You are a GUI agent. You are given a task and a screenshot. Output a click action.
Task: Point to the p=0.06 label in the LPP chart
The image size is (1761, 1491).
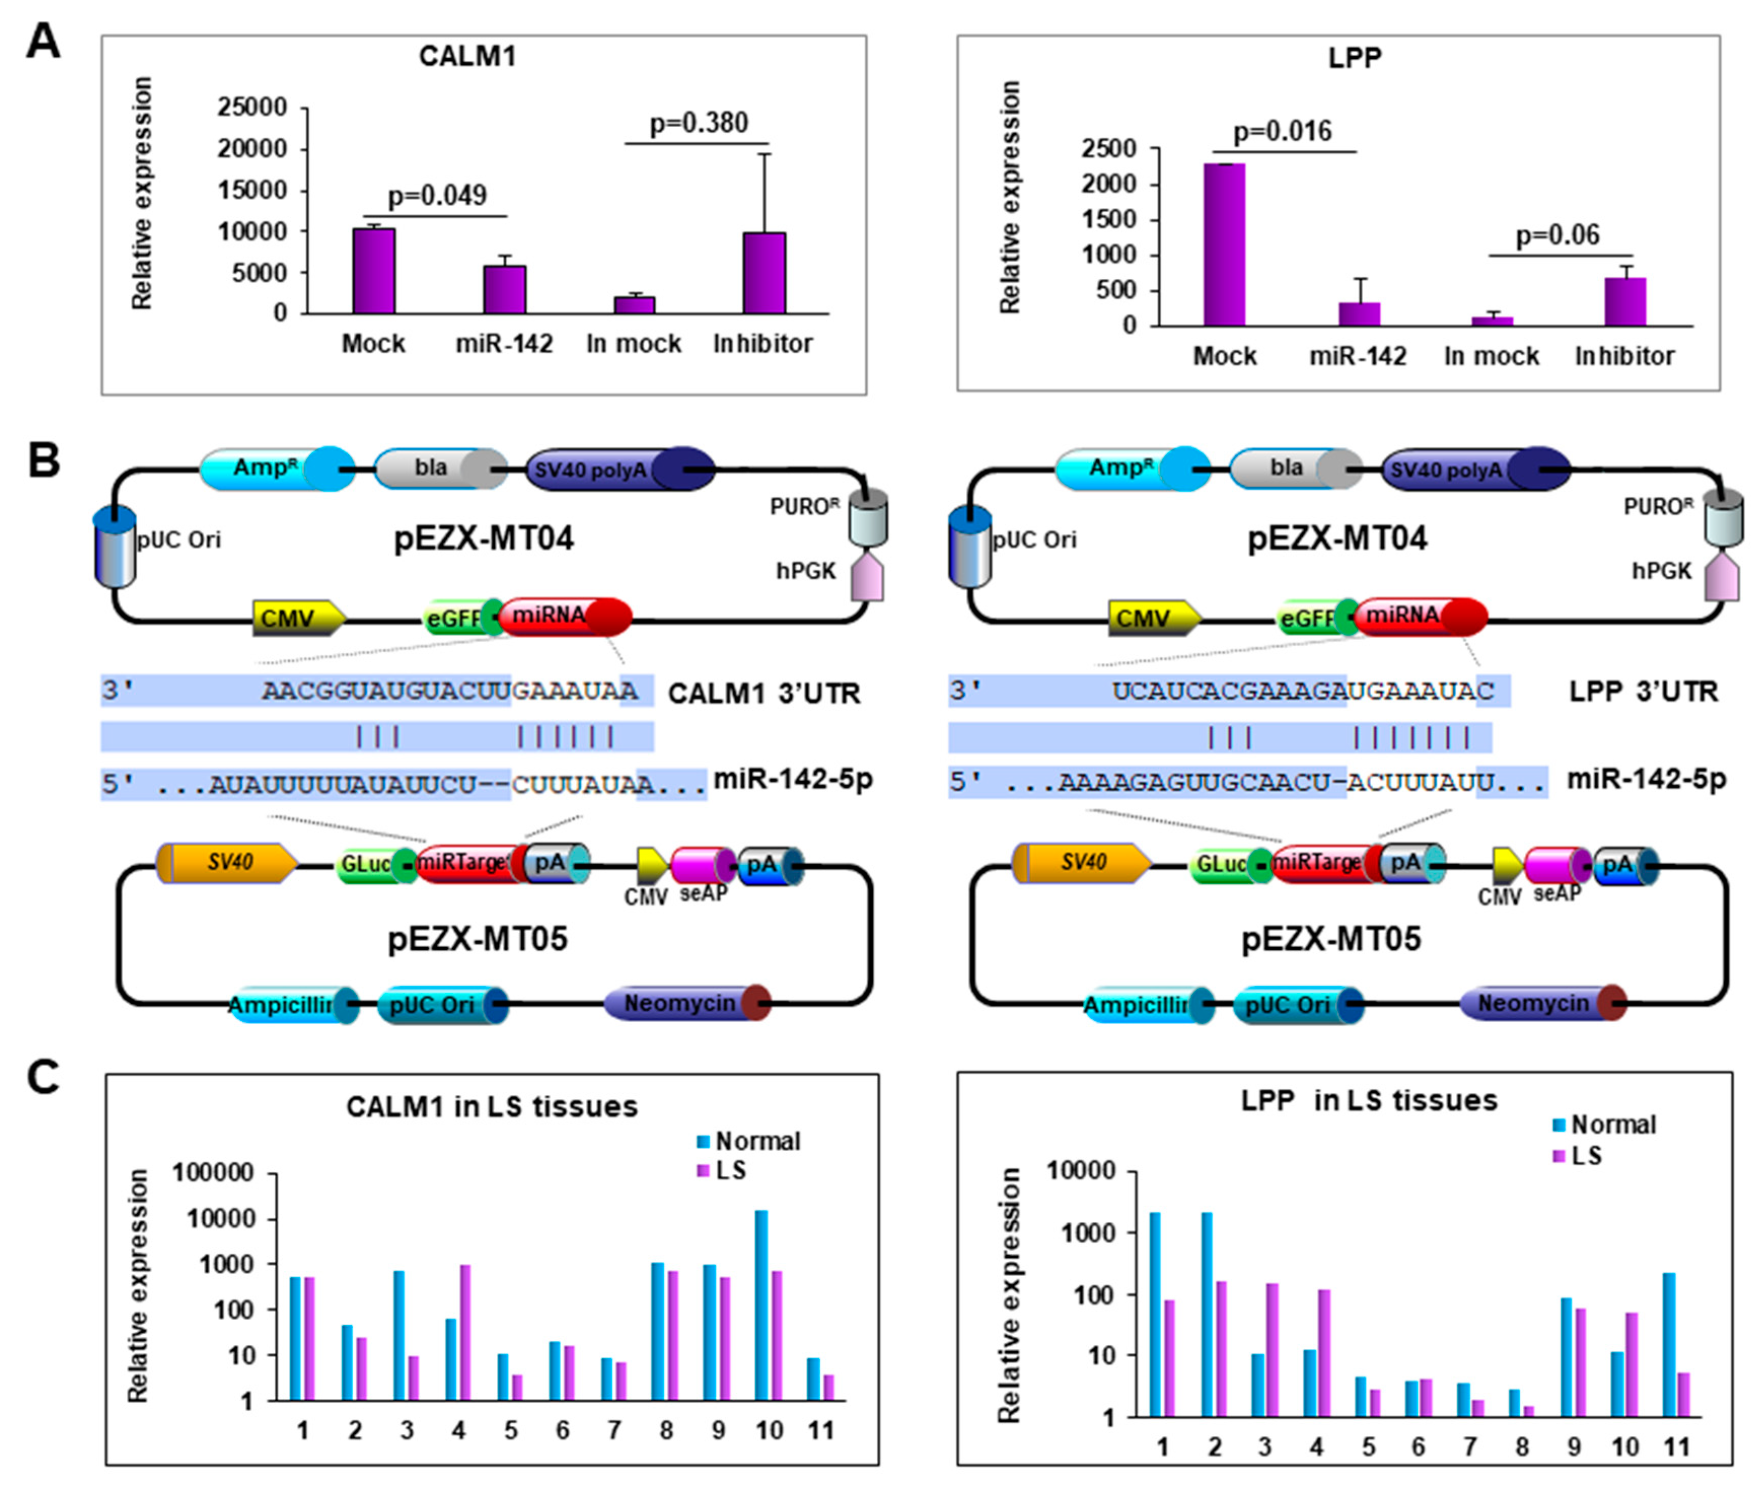[x=1557, y=235]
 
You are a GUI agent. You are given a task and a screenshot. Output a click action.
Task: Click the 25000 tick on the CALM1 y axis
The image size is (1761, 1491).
[x=252, y=107]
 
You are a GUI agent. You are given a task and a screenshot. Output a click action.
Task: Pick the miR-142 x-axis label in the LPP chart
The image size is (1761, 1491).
[x=1357, y=357]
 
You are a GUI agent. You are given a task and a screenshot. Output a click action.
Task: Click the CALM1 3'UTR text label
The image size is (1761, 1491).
[x=763, y=694]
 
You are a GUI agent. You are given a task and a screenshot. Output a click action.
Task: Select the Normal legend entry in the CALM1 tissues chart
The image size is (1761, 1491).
[x=747, y=1141]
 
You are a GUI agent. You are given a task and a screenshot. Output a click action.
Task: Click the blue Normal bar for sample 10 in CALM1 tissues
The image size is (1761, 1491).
[x=762, y=1307]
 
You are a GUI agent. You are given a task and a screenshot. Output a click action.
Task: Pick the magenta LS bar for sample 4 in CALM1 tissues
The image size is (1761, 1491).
[x=465, y=1334]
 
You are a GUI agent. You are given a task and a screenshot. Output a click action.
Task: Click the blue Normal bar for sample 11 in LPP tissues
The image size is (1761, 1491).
[x=1668, y=1344]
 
